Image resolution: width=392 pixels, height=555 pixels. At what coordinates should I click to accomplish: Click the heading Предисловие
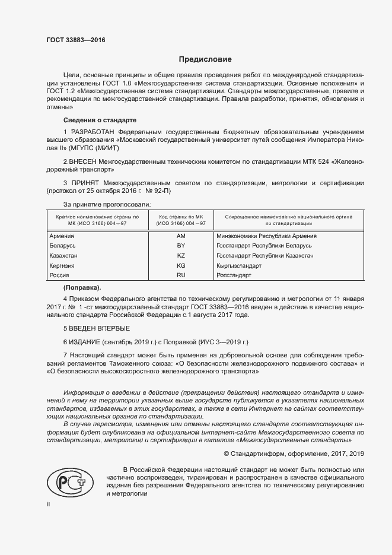pos(206,59)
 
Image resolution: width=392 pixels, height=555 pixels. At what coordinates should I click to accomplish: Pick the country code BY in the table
pos(181,246)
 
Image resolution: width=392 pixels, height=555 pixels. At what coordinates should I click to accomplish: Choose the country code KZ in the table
pos(181,256)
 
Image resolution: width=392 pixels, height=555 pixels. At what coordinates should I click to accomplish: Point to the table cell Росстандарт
pos(235,275)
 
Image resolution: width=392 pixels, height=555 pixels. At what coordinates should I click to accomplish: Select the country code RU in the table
pos(181,275)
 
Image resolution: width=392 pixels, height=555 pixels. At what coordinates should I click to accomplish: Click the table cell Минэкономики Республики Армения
pos(267,236)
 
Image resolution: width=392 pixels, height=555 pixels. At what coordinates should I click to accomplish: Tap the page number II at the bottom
pos(49,504)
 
